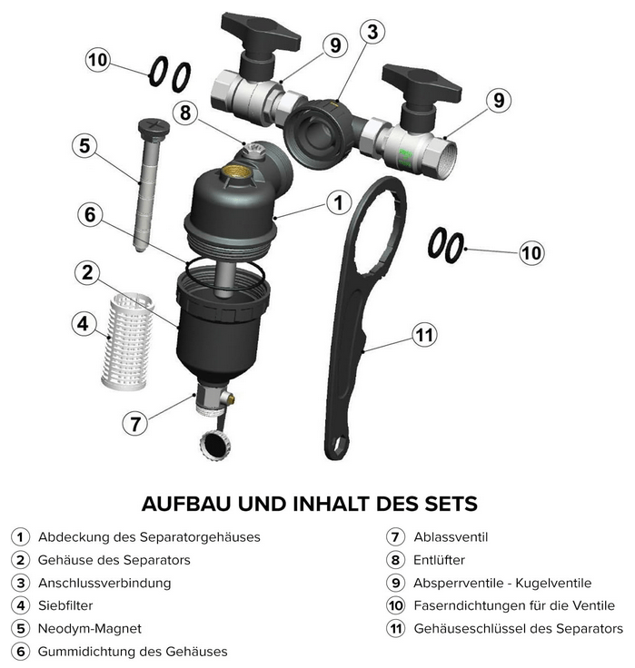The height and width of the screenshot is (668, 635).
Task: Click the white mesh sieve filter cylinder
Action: pos(126,341)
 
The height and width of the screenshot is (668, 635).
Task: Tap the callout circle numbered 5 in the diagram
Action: pos(84,146)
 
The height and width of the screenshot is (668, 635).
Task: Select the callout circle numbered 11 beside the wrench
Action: pos(424,335)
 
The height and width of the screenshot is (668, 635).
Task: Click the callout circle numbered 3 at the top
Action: pos(372,32)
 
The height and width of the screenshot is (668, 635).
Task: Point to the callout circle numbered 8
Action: pos(185,113)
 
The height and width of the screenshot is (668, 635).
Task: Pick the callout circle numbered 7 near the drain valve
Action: pos(135,424)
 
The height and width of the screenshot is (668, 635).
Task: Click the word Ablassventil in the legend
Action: pos(451,536)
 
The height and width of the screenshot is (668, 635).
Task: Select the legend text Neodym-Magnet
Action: pos(90,628)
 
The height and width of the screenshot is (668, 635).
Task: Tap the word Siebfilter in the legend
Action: pos(65,605)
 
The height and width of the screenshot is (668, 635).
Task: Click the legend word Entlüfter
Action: pos(439,560)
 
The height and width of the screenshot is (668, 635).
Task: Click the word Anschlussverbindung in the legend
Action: pos(104,583)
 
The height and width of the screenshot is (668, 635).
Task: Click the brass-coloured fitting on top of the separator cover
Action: pos(236,172)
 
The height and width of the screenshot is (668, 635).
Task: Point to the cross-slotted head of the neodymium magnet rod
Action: pos(154,127)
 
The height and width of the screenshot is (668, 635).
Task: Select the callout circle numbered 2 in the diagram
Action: pos(87,272)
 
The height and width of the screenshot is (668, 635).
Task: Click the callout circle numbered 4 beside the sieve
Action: pos(84,324)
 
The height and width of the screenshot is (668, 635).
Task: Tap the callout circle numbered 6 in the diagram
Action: pos(90,214)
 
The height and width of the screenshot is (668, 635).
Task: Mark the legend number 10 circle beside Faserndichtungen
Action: pos(395,605)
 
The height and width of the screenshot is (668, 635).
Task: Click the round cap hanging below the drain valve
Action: pos(216,444)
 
